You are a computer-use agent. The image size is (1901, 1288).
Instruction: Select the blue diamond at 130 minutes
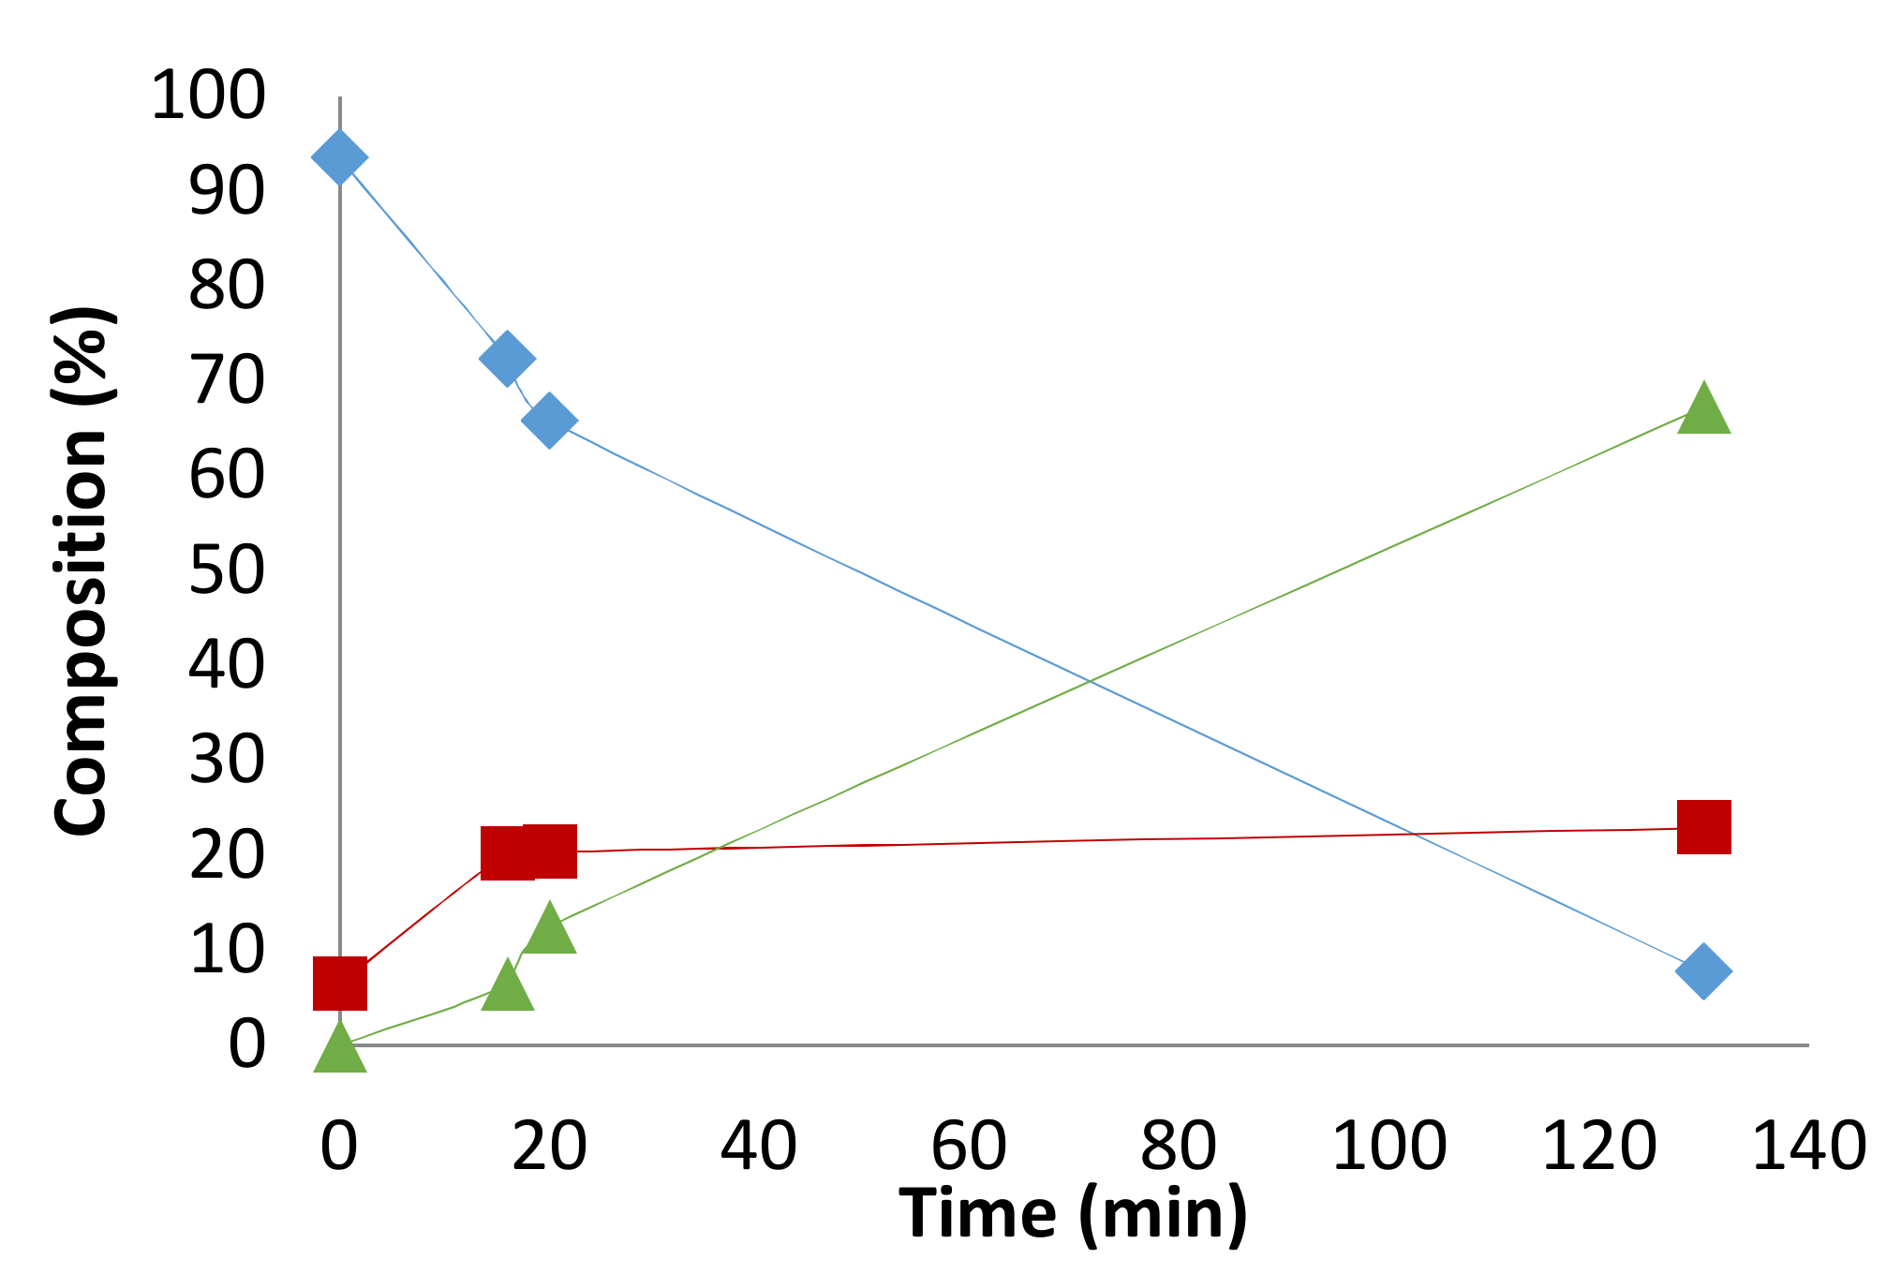1703,970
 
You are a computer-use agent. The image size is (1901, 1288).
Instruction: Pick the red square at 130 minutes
1703,827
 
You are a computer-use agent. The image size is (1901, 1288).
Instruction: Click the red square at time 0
339,984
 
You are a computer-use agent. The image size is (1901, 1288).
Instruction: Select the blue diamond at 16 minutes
507,358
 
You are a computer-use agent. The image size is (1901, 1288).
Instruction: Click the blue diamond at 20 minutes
549,420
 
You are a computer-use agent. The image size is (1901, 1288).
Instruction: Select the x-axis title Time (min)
1073,1214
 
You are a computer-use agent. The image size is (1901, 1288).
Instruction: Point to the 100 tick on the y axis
208,96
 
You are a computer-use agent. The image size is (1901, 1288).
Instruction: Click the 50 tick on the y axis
227,570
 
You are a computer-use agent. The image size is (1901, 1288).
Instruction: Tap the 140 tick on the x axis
1808,1146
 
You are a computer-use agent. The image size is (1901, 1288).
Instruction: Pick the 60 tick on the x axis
969,1146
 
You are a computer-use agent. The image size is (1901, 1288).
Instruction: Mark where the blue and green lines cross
1090,681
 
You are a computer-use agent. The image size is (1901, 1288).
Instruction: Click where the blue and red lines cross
1412,834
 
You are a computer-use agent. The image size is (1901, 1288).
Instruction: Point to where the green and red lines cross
717,849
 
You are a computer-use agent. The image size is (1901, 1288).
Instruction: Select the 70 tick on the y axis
227,380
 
